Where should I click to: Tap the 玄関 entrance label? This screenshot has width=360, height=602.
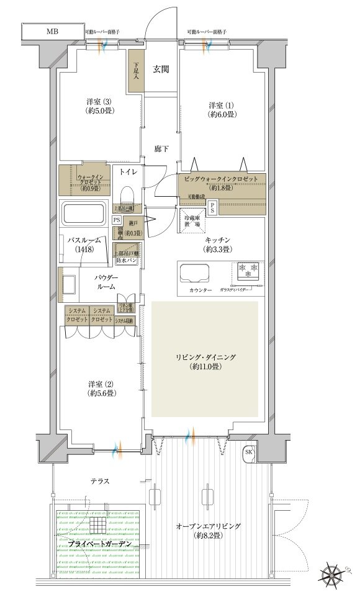point(162,69)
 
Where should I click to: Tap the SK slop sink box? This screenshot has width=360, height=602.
point(249,452)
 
